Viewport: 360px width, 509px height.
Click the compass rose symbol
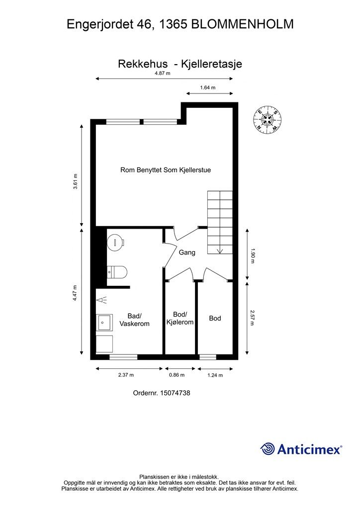pyautogui.click(x=267, y=120)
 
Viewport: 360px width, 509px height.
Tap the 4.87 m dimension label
pyautogui.click(x=162, y=73)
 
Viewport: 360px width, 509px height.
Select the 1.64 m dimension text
pyautogui.click(x=208, y=87)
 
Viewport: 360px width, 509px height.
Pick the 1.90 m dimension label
pyautogui.click(x=253, y=255)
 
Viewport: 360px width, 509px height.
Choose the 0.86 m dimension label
pyautogui.click(x=177, y=375)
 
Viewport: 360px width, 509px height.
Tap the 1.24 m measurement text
pyautogui.click(x=215, y=375)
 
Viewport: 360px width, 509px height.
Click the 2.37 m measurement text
pyautogui.click(x=126, y=375)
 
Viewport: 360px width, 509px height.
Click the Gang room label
pyautogui.click(x=187, y=252)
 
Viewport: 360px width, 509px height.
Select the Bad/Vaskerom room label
pyautogui.click(x=134, y=320)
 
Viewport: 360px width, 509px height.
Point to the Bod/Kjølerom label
pyautogui.click(x=180, y=318)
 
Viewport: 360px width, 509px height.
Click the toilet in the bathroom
pyautogui.click(x=117, y=272)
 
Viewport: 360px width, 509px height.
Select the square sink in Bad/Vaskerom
pyautogui.click(x=104, y=322)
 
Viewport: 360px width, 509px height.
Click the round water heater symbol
pyautogui.click(x=116, y=242)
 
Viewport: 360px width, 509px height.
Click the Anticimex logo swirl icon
pyautogui.click(x=268, y=449)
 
